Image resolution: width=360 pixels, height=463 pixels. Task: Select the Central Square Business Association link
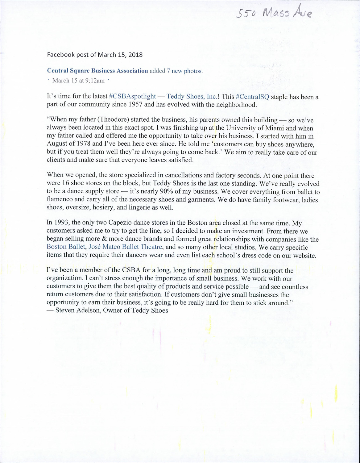click(97, 71)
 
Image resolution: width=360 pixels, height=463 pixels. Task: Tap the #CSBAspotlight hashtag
click(132, 96)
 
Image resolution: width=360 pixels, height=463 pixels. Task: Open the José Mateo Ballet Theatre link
click(125, 247)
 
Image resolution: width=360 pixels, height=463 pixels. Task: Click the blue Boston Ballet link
click(66, 247)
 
